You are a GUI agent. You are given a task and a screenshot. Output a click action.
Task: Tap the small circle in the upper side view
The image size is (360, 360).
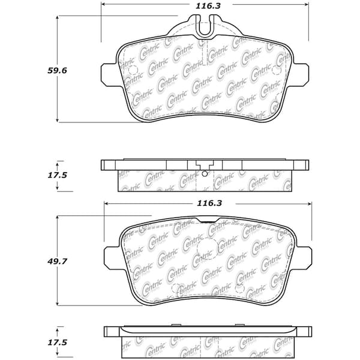click(205, 174)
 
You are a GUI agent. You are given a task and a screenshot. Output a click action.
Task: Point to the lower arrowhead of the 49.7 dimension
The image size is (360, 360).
click(58, 303)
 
